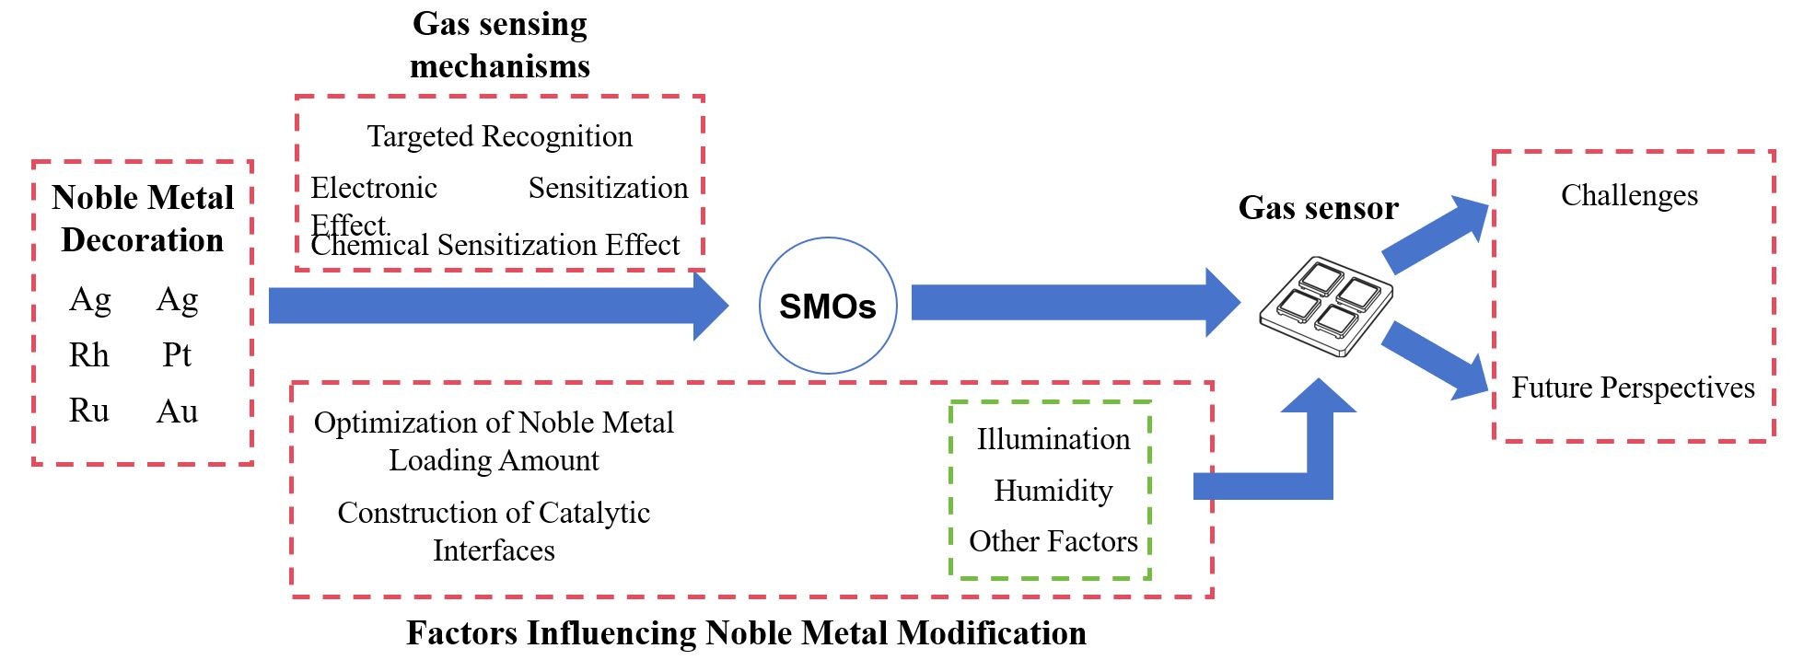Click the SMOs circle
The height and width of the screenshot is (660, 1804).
point(827,306)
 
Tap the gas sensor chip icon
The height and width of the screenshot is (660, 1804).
point(1326,306)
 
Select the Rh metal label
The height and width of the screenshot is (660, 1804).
point(89,355)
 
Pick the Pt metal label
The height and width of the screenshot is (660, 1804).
point(177,355)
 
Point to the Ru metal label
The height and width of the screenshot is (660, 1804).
point(89,411)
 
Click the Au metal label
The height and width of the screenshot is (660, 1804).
point(177,411)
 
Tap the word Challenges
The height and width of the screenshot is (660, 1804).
point(1629,195)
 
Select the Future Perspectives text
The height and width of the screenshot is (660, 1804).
point(1633,388)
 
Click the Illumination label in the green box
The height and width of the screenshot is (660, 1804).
point(1053,439)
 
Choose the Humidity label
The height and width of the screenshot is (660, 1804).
point(1053,491)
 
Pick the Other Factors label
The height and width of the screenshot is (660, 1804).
point(1053,541)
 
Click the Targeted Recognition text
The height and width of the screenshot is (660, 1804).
point(499,136)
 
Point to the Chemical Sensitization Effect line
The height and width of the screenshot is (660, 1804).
point(495,246)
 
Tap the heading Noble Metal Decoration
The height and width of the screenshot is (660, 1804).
point(143,218)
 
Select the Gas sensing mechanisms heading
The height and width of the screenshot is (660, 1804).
point(499,44)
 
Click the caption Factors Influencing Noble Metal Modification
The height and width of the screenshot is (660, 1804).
point(746,633)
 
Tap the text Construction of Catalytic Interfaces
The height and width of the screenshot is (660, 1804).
point(494,531)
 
